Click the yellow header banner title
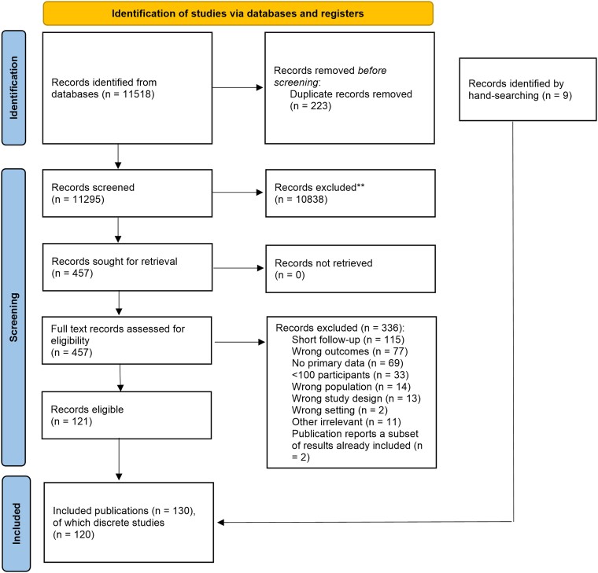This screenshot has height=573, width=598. point(238,13)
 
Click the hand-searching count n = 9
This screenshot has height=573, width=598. point(557,95)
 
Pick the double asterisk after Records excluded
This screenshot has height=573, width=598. point(360,186)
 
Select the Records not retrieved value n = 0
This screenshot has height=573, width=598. point(290,275)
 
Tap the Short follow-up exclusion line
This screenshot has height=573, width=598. point(348,340)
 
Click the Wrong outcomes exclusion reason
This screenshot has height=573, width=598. point(349,351)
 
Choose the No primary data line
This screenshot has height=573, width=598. point(348,363)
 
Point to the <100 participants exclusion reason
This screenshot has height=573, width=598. point(350,375)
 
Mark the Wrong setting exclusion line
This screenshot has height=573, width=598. point(339,410)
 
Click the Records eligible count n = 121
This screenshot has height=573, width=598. point(72,421)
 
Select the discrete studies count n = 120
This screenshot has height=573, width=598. point(74,534)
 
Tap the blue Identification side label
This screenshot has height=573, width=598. point(13,87)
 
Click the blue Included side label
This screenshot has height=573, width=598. point(17,523)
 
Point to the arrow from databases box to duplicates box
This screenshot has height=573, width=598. point(238,87)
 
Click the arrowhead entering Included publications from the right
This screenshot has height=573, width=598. point(221,523)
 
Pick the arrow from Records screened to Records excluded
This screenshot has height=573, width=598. point(238,193)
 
